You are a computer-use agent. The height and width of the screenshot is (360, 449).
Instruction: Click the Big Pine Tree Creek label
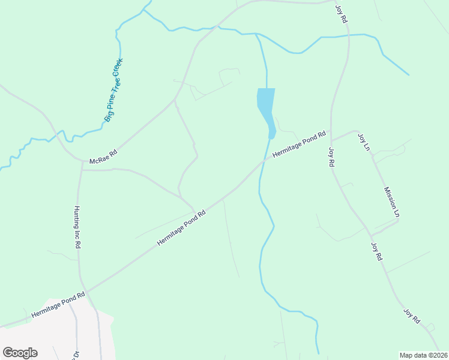[x=113, y=90]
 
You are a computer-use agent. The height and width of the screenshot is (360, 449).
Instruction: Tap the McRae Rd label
[x=103, y=158]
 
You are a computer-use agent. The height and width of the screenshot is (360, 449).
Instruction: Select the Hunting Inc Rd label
[x=77, y=228]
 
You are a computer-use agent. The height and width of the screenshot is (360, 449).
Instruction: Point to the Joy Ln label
[x=364, y=142]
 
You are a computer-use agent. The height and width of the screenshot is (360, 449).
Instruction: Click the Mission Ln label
[x=392, y=202]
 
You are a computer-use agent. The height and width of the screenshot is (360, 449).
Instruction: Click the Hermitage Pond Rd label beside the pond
[x=298, y=145]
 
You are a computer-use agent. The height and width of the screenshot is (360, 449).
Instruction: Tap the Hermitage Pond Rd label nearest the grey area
[x=58, y=305]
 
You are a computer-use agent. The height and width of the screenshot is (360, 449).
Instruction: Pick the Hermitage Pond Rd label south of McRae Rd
[x=181, y=227]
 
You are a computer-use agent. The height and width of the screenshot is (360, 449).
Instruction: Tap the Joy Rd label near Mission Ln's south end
[x=376, y=251]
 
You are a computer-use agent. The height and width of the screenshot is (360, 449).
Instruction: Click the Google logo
[x=20, y=353]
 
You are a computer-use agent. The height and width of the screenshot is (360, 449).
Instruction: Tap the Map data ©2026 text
[x=423, y=355]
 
